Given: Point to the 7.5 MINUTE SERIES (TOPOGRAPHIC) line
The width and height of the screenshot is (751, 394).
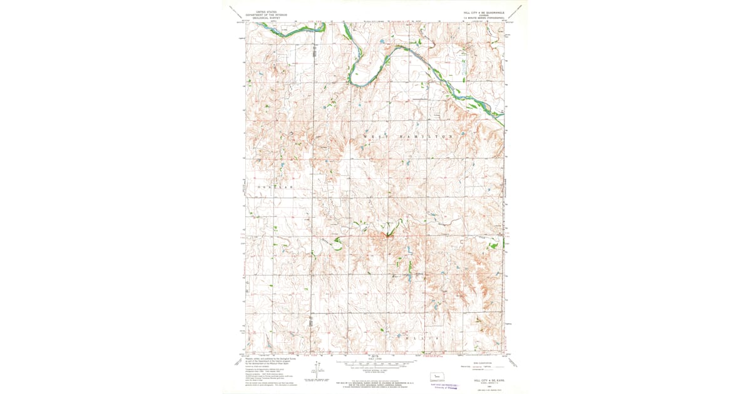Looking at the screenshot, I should pyautogui.click(x=484, y=19).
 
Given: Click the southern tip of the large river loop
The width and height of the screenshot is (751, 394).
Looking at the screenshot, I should pyautogui.click(x=359, y=83).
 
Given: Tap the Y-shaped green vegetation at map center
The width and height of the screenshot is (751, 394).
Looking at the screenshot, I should pyautogui.click(x=387, y=236).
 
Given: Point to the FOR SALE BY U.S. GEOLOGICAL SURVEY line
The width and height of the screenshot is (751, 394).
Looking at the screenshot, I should pyautogui.click(x=374, y=382).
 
